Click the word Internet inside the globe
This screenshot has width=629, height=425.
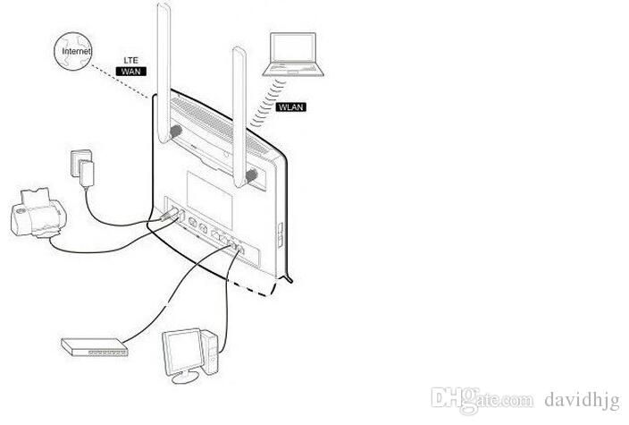click(76, 51)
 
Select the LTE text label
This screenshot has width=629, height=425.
click(130, 60)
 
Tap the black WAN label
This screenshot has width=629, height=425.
click(130, 72)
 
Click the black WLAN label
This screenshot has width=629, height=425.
click(291, 106)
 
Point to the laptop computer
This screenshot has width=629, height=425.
click(293, 55)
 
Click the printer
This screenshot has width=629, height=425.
click(38, 213)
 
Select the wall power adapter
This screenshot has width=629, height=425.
click(82, 168)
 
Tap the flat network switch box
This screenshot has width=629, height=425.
click(95, 346)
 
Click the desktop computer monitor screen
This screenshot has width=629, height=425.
click(182, 352)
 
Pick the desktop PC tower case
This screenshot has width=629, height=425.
click(210, 352)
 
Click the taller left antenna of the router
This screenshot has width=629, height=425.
click(164, 72)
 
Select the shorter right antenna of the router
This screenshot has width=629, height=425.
click(239, 116)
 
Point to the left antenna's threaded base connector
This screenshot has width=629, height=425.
click(175, 131)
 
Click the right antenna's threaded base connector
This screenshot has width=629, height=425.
click(252, 175)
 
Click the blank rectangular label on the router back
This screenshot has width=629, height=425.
click(209, 196)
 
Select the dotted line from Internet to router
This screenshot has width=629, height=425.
click(121, 81)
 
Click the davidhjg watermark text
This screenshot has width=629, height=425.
click(583, 400)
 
